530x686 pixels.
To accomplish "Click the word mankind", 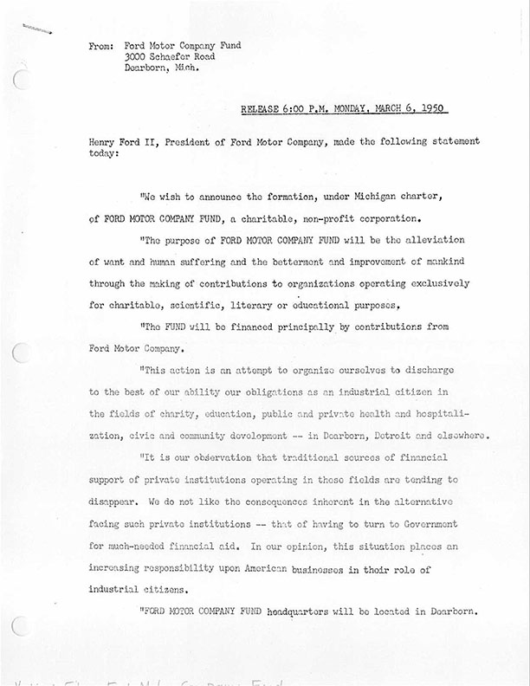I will point(443,262).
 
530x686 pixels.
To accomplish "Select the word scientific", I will point(191,306).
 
